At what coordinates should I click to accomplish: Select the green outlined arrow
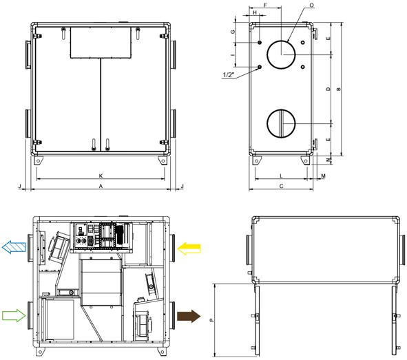tap(14, 316)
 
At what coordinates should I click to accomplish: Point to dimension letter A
tap(101, 187)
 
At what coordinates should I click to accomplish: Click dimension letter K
tap(101, 176)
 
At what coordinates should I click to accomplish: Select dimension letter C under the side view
tap(282, 187)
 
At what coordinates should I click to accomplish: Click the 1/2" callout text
tap(231, 76)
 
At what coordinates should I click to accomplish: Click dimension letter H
tap(255, 13)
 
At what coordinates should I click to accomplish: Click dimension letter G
tap(233, 32)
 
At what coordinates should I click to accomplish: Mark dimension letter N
tap(328, 160)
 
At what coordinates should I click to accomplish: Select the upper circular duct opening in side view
tap(281, 54)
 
